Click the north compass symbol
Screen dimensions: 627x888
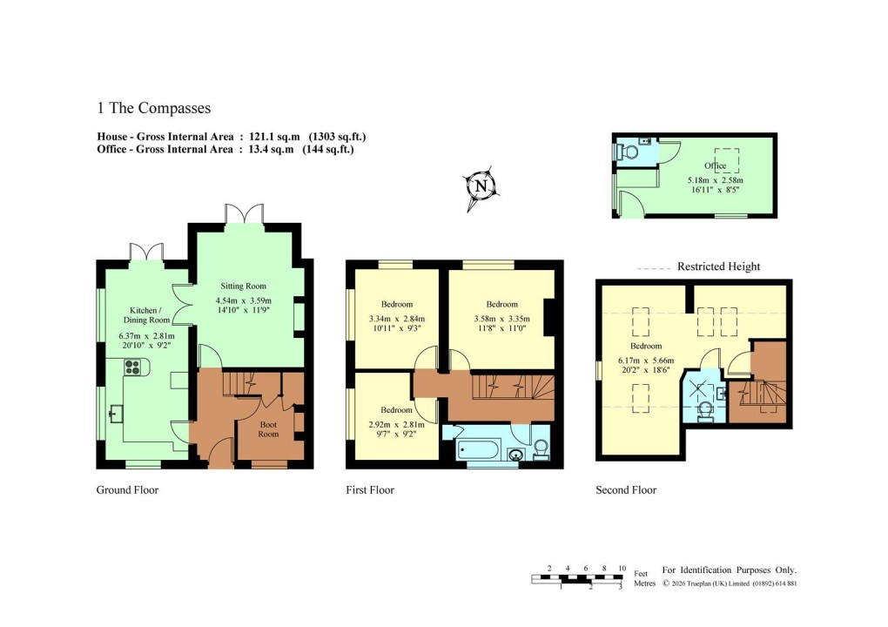[480, 186]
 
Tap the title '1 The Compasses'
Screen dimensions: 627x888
[154, 109]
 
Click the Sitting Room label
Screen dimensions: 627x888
[242, 286]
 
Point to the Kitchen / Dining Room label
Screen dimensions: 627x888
[152, 315]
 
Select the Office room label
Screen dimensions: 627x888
[715, 165]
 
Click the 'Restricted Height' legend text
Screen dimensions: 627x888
[718, 266]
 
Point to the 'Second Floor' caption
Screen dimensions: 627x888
[626, 490]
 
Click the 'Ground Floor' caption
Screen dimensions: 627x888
[127, 490]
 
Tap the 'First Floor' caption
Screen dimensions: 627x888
[370, 490]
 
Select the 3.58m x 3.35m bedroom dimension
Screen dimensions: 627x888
[501, 319]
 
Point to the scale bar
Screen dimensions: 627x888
[579, 579]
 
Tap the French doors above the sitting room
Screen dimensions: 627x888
[242, 213]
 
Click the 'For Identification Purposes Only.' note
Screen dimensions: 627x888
[730, 570]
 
